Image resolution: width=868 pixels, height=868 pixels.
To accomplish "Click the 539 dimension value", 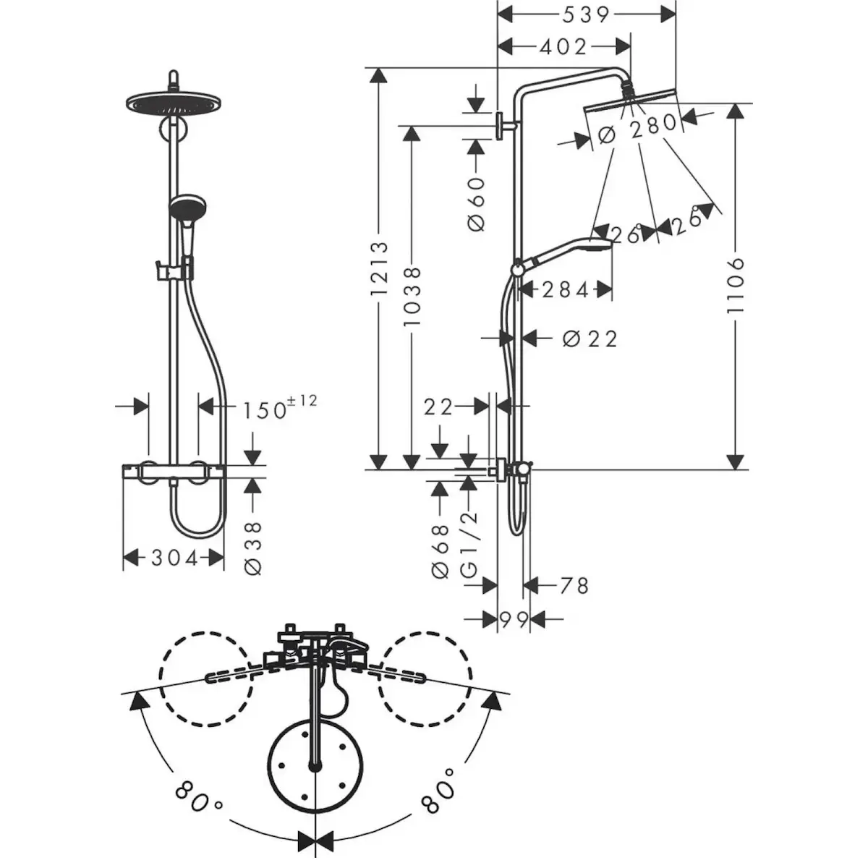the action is coord(585,15).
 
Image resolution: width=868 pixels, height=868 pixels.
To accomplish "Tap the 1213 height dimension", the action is coord(379,269).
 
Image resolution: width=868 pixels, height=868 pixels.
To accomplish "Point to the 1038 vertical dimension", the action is coord(412,297).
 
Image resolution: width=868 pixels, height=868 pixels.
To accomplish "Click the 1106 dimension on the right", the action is coord(735,286).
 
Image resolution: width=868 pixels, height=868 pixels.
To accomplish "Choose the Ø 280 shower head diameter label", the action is coord(638,128).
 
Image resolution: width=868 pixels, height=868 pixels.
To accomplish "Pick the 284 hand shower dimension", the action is coord(565,290).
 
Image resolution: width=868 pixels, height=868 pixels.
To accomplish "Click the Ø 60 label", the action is coord(477,203).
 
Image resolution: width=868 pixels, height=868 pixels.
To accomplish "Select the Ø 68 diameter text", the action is coord(441,551).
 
